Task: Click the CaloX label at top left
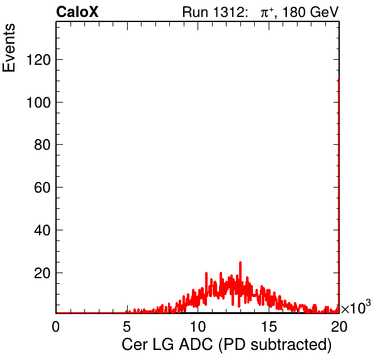pos(77,12)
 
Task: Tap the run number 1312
pos(228,12)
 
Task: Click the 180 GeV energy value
pos(310,12)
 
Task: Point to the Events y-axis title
pos(9,48)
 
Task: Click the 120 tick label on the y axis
pos(38,60)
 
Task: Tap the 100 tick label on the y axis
pos(38,103)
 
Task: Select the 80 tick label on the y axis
pos(42,145)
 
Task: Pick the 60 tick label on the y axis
pos(42,188)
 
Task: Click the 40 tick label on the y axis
pos(42,230)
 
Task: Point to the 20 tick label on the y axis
pos(42,273)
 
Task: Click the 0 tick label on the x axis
pos(56,326)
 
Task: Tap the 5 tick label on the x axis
pos(126,326)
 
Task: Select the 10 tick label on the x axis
pos(198,326)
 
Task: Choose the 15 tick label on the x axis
pos(269,326)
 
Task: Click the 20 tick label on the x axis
pos(339,326)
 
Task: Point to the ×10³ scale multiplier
pos(356,307)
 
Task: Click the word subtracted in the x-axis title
pos(291,345)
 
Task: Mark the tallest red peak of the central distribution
pos(240,262)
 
